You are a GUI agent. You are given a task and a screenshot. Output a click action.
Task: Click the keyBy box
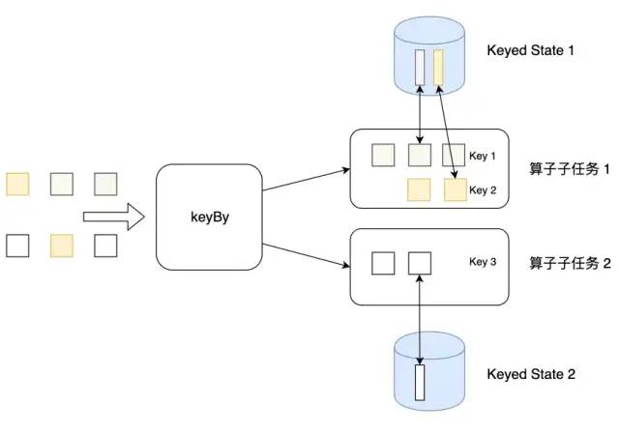(x=209, y=217)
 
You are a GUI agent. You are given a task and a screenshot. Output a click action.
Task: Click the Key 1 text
(x=483, y=155)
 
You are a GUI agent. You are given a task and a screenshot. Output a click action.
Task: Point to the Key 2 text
(x=483, y=189)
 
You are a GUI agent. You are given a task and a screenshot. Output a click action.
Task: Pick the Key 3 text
(x=483, y=261)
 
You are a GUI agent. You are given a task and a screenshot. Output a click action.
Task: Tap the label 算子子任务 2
(x=570, y=262)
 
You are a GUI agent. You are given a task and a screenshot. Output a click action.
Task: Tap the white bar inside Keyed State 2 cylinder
(x=420, y=382)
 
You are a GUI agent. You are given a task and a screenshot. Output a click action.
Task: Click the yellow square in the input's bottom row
(x=61, y=246)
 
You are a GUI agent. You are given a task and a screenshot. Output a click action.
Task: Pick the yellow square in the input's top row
(x=17, y=183)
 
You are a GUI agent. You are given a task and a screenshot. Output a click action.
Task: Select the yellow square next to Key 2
(x=456, y=189)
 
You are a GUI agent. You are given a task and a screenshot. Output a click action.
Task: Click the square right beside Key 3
(x=419, y=262)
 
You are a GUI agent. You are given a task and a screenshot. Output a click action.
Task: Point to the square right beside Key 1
(x=454, y=155)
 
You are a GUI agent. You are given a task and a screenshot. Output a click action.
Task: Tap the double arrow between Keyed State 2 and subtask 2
(x=419, y=319)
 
